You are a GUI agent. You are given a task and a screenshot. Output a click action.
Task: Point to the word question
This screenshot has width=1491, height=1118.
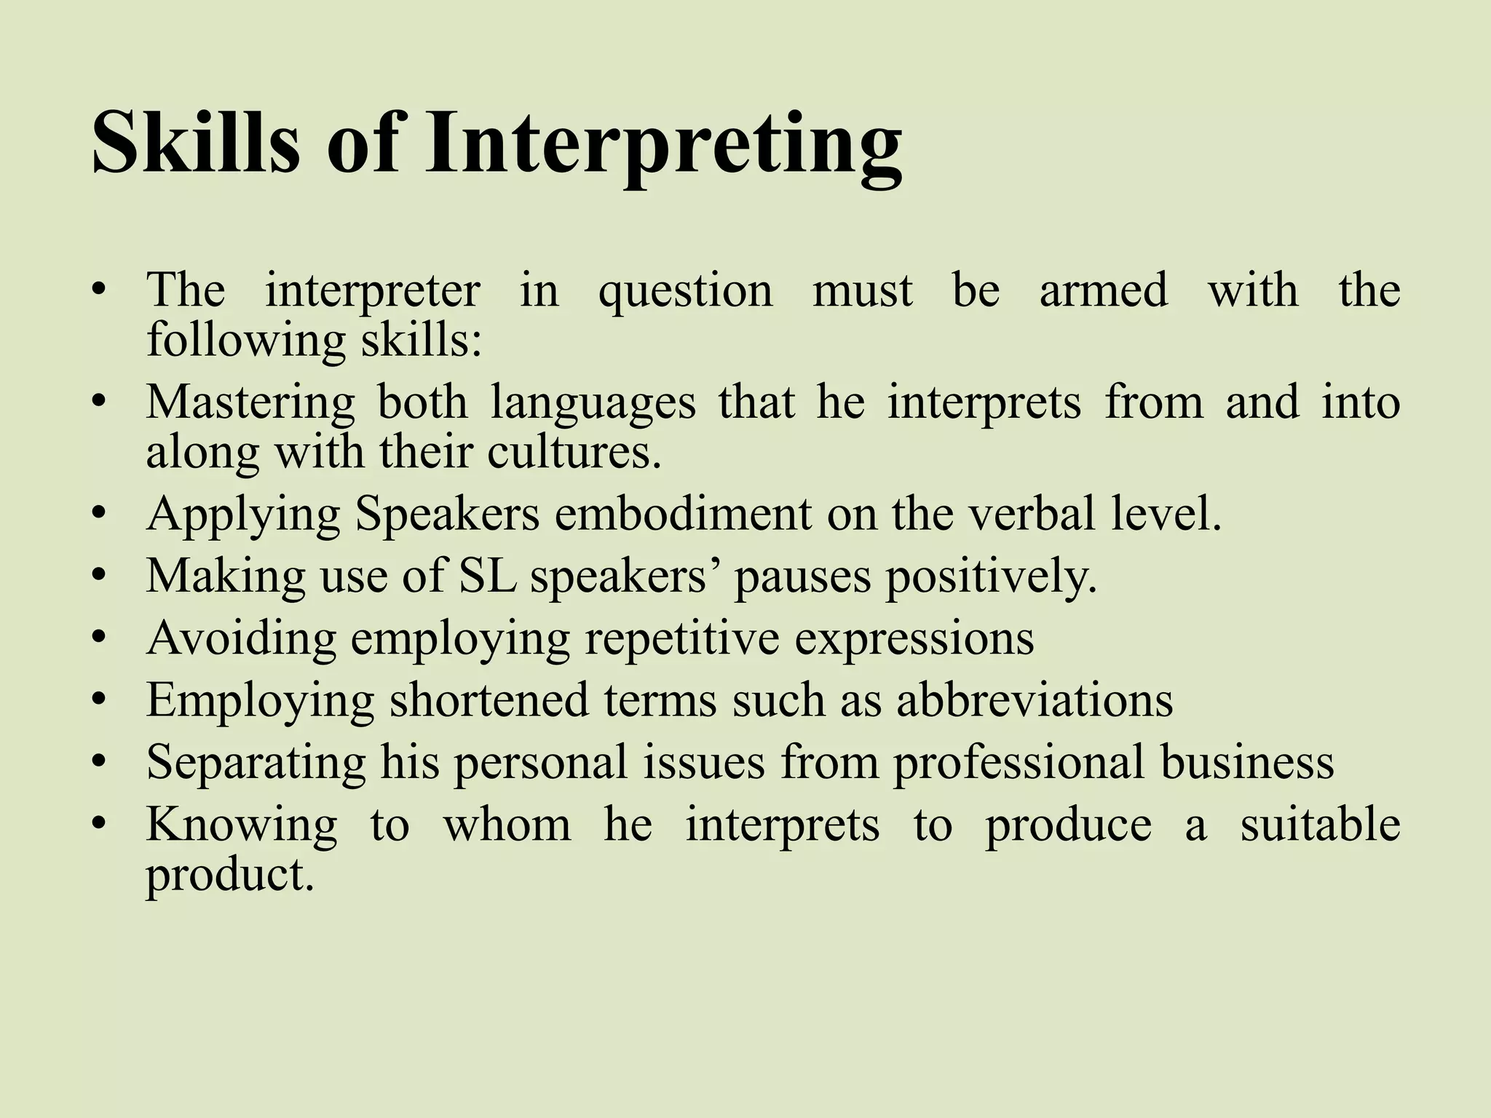click(685, 291)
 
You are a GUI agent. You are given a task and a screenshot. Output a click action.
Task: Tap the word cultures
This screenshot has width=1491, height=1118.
click(574, 453)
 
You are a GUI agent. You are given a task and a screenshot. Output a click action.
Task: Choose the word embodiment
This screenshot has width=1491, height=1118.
click(682, 514)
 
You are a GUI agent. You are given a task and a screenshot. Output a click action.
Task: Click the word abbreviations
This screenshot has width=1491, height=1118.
click(1035, 700)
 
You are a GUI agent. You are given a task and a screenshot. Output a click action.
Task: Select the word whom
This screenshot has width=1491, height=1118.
click(507, 825)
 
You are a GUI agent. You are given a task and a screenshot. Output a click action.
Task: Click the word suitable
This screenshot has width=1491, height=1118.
click(1320, 825)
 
